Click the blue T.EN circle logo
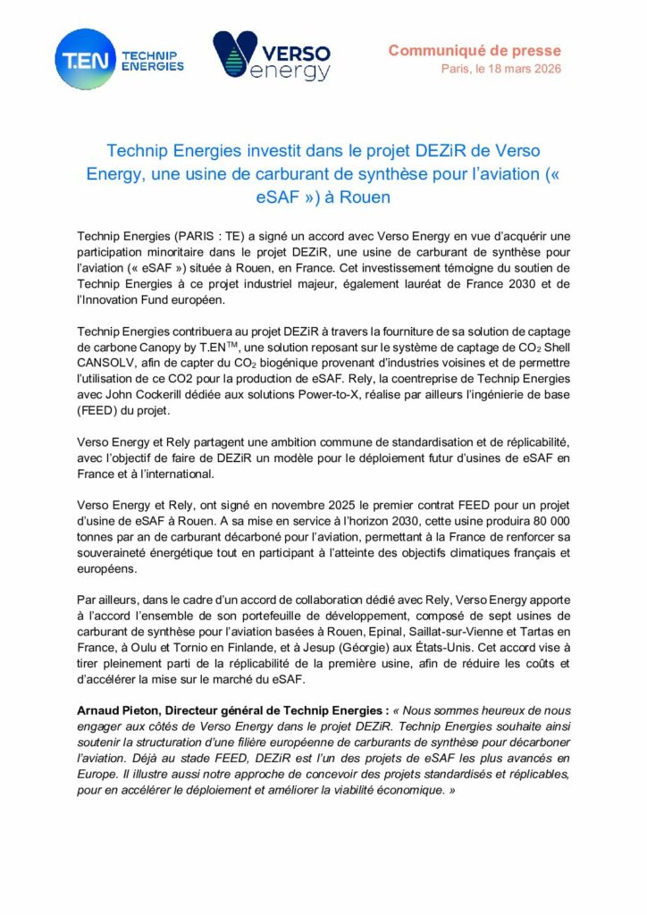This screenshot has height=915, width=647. pyautogui.click(x=85, y=59)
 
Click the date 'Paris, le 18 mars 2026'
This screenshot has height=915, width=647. pyautogui.click(x=501, y=69)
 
